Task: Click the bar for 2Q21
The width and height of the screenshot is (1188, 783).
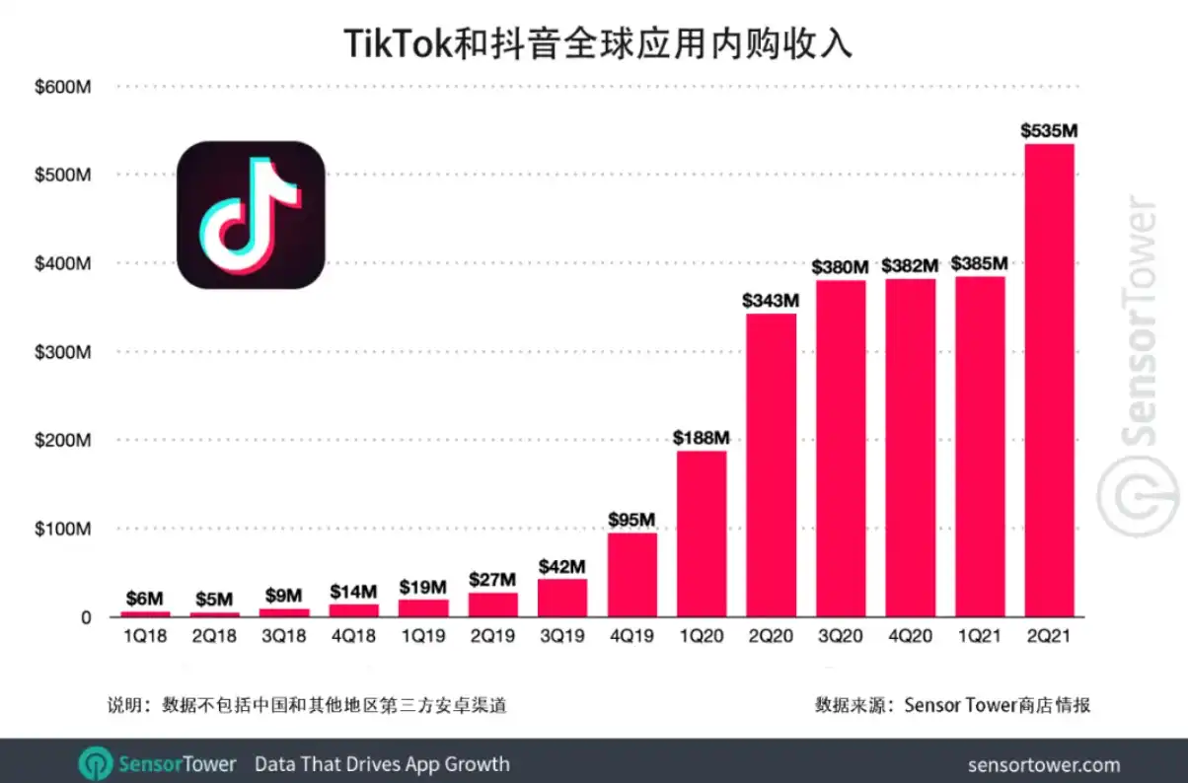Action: (1049, 380)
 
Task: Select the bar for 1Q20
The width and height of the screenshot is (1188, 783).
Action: (702, 534)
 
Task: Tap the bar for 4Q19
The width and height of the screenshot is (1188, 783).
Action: (631, 575)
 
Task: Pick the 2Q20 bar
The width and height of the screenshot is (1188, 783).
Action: (771, 464)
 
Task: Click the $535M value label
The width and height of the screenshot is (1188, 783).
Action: (1049, 130)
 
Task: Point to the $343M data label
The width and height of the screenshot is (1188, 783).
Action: (770, 301)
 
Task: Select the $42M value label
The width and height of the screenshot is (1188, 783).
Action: (561, 567)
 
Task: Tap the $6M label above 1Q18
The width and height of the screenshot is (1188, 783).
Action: (144, 599)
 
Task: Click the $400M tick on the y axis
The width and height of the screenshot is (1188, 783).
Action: (62, 263)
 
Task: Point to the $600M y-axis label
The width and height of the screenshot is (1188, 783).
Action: (62, 87)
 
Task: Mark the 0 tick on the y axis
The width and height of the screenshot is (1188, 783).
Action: (86, 617)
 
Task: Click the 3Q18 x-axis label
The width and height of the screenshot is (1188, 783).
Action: (284, 636)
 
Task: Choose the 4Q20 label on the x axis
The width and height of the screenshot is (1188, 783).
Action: (910, 636)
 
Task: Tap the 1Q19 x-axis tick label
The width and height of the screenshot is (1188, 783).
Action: (422, 636)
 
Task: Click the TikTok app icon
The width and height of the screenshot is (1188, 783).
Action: (251, 215)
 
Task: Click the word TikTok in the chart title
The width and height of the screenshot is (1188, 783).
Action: (398, 43)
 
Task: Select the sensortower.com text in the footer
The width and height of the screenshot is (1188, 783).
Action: (1044, 765)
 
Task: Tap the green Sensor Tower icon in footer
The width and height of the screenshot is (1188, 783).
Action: (96, 764)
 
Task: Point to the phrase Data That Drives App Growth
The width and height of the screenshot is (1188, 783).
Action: (382, 764)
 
